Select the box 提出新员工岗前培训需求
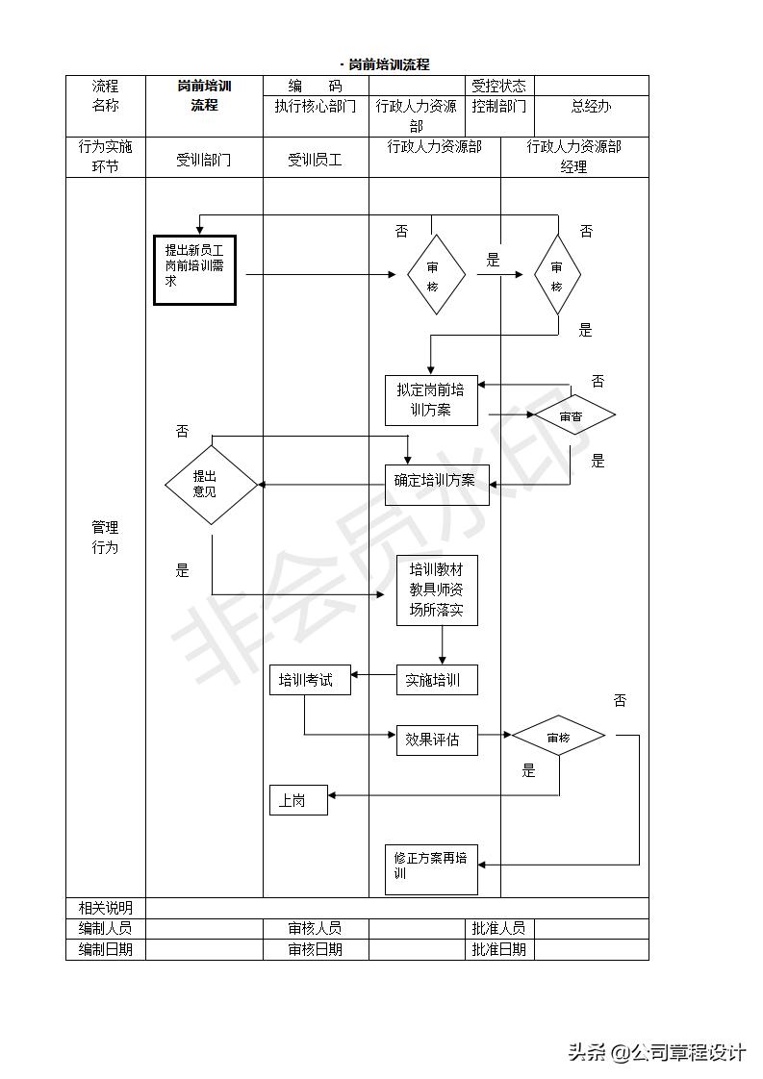coord(194,269)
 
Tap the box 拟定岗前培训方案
coord(431,400)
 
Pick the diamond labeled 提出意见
coord(211,484)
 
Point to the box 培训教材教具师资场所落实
coord(437,590)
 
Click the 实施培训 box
coord(437,680)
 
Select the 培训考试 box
coord(309,680)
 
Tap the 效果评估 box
coord(437,740)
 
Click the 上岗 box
coord(297,800)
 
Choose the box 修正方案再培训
coord(431,868)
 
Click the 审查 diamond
coord(573,416)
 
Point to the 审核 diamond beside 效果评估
coord(558,738)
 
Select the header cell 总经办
coord(591,107)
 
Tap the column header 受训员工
coord(315,160)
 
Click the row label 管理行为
coord(105,538)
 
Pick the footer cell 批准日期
coord(499,949)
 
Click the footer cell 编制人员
coord(105,928)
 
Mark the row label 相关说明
coord(105,908)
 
